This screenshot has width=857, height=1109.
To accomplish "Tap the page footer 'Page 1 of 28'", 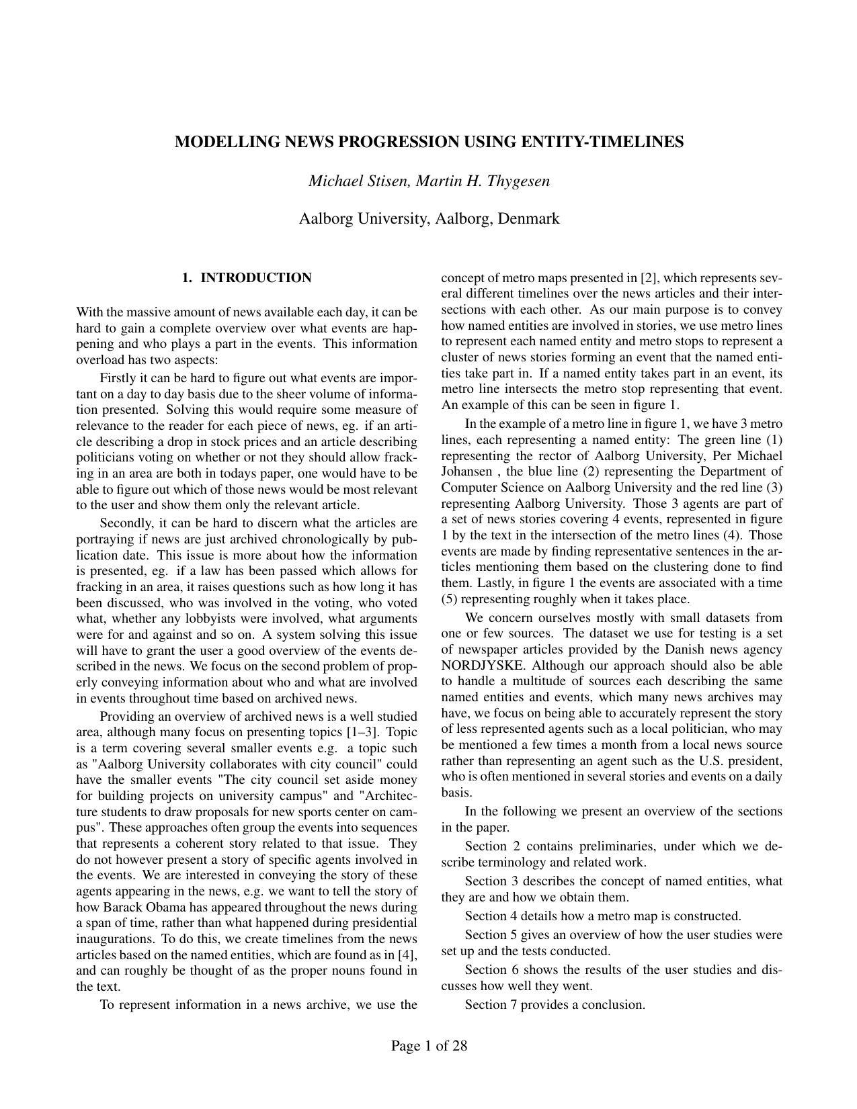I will [429, 1046].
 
